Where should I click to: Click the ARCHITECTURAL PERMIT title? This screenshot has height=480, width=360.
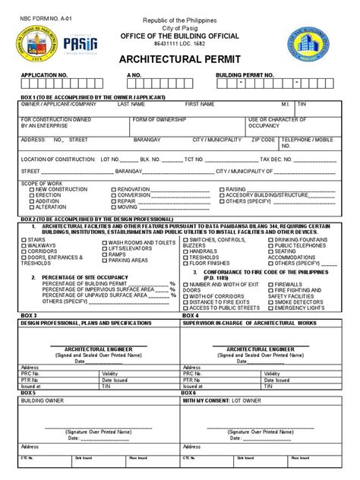pyautogui.click(x=181, y=59)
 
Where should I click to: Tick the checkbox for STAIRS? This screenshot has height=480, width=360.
pyautogui.click(x=23, y=239)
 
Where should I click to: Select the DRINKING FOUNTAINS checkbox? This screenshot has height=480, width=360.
pyautogui.click(x=271, y=238)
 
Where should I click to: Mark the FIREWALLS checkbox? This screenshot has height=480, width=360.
pyautogui.click(x=271, y=283)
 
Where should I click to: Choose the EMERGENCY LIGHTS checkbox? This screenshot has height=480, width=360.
pyautogui.click(x=271, y=308)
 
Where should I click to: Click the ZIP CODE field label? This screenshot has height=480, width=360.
pyautogui.click(x=264, y=140)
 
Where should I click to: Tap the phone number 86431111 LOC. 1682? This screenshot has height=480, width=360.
pyautogui.click(x=180, y=46)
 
